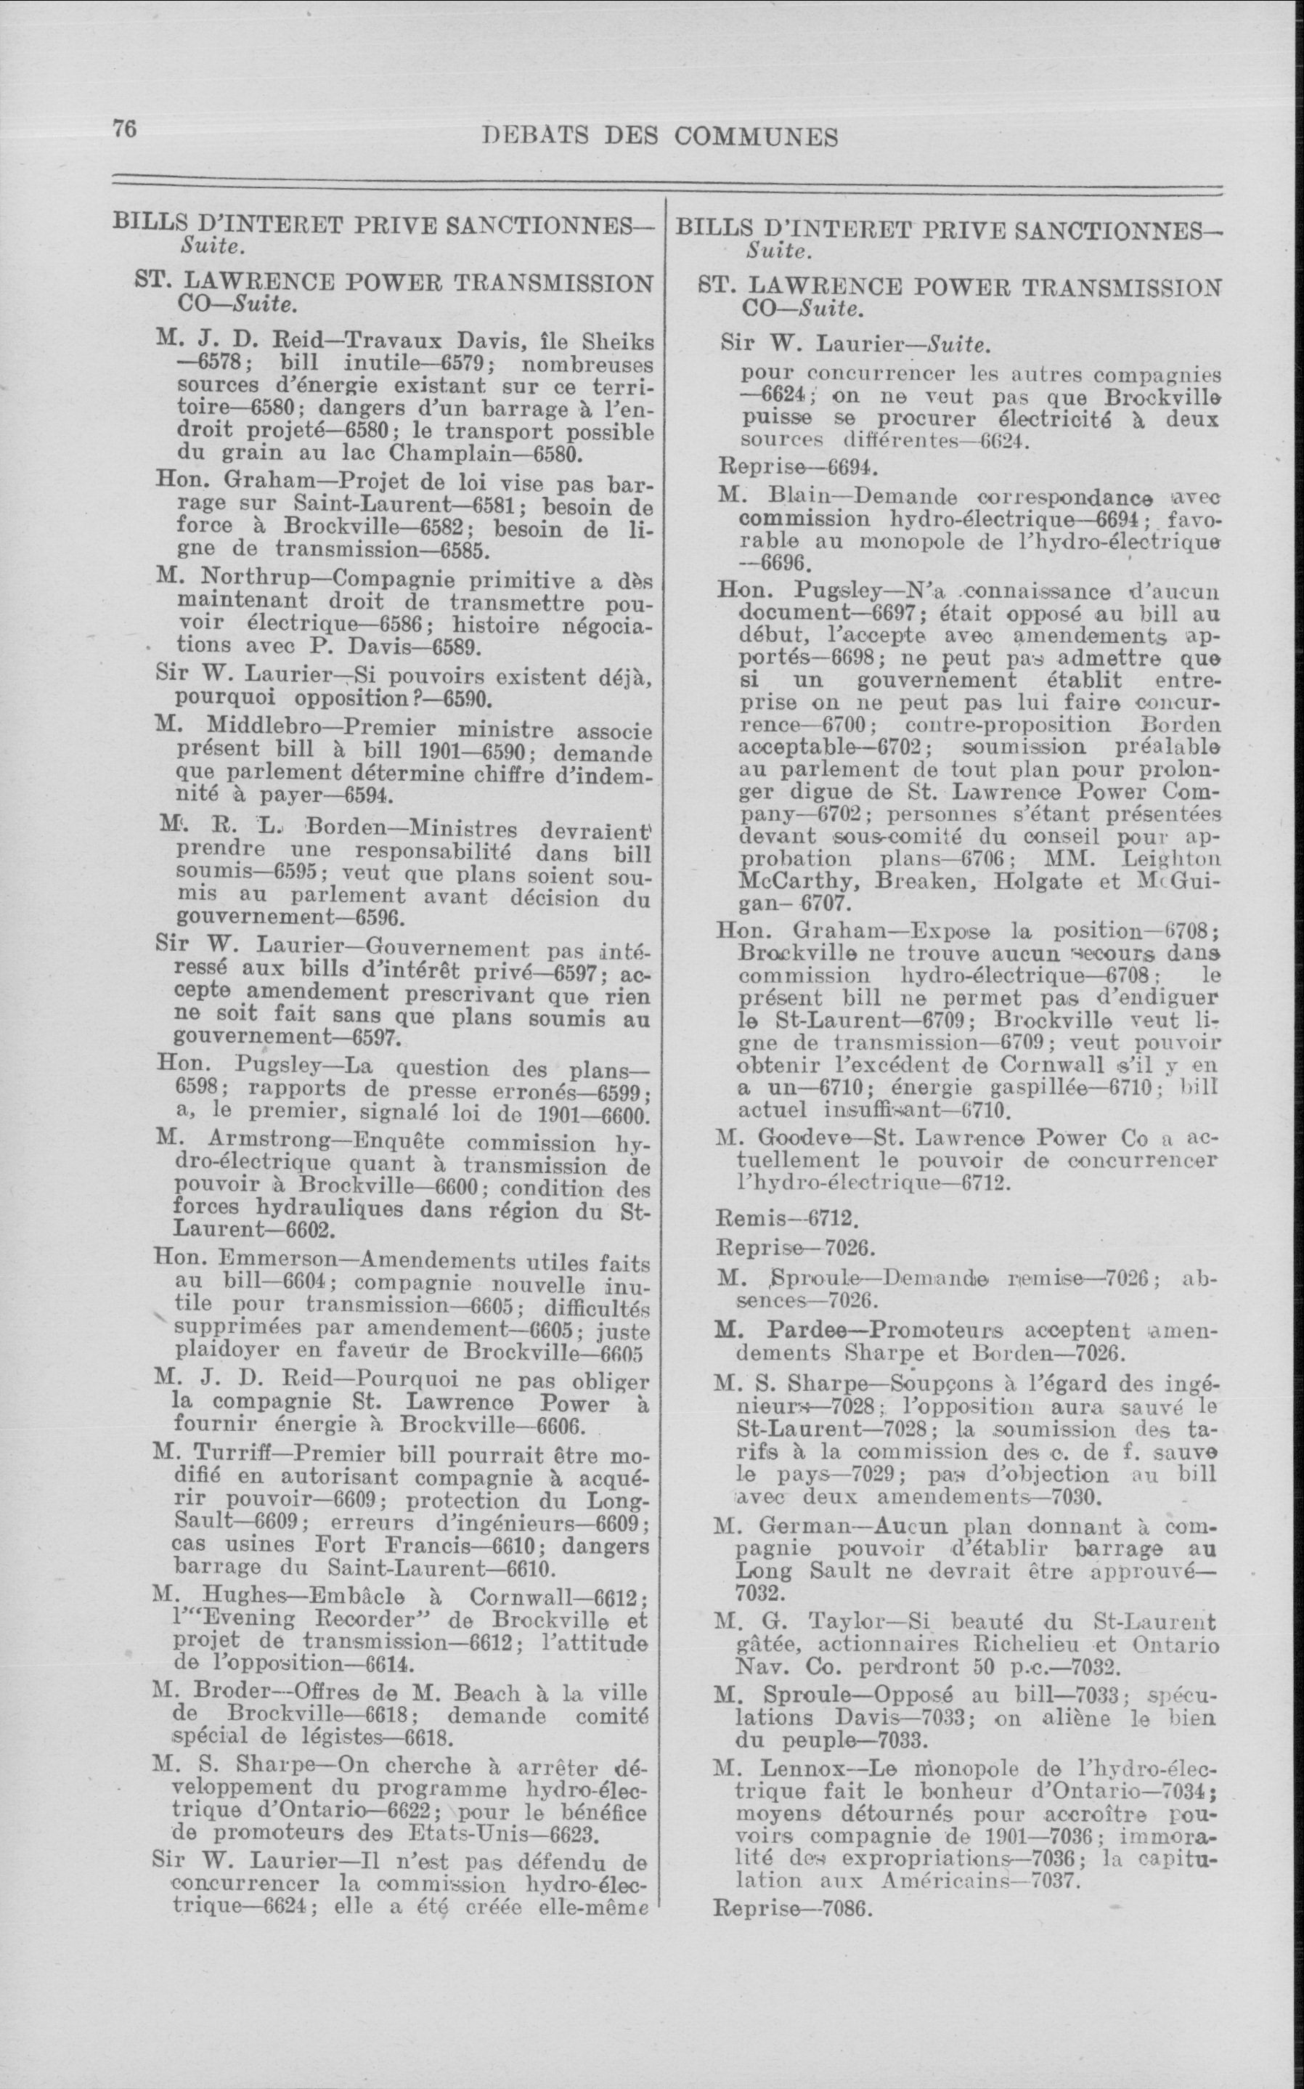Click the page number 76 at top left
click(124, 128)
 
